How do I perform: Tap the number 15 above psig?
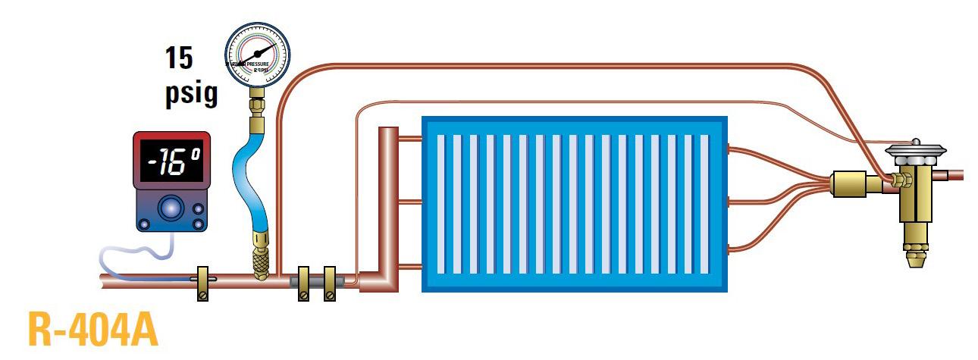(x=179, y=58)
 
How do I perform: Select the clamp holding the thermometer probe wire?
(x=202, y=282)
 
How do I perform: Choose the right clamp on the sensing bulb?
(x=330, y=283)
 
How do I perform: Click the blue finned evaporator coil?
(x=574, y=202)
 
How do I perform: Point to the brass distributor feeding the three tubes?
(x=848, y=184)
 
